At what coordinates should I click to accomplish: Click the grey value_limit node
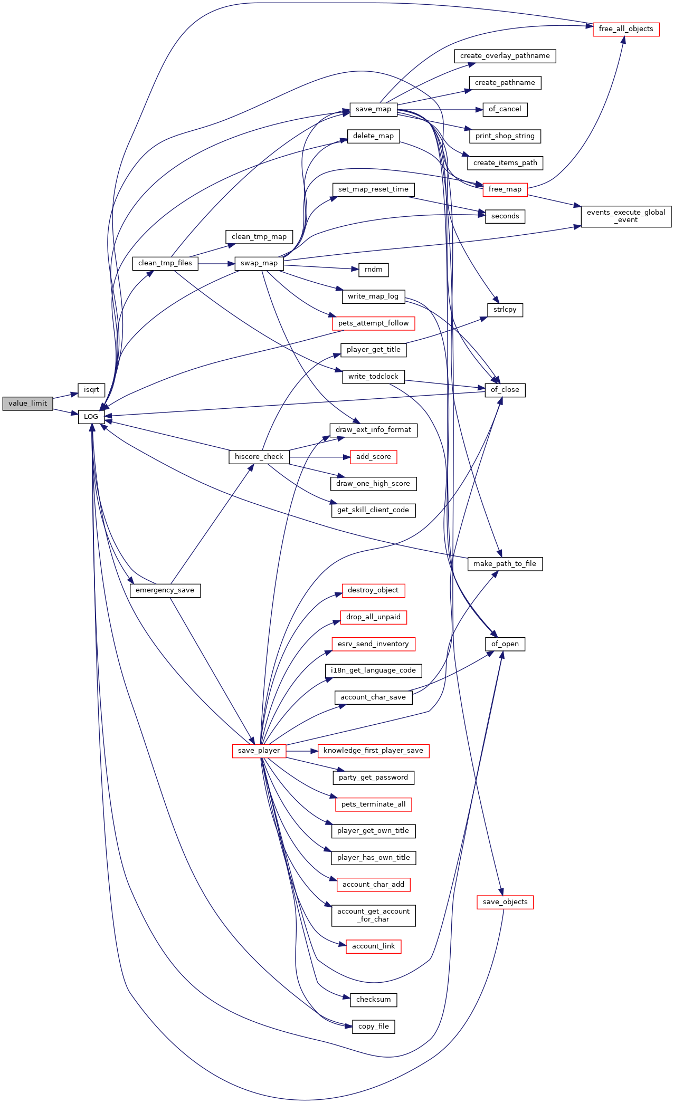click(27, 404)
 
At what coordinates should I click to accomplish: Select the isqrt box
click(91, 390)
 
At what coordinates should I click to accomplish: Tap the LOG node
click(91, 417)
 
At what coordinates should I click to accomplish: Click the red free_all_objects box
click(626, 29)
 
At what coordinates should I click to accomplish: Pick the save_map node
click(373, 109)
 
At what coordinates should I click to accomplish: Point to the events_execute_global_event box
click(626, 216)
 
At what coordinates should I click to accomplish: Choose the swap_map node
click(259, 263)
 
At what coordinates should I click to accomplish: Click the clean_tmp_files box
click(165, 263)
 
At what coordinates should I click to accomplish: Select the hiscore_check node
click(259, 457)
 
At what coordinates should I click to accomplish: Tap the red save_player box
click(259, 751)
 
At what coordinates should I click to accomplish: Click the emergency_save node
click(165, 590)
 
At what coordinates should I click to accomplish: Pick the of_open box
click(505, 644)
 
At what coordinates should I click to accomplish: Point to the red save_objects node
click(505, 902)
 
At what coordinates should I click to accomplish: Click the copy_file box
click(373, 1027)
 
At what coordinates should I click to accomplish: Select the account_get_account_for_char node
click(373, 915)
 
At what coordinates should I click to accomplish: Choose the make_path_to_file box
click(505, 564)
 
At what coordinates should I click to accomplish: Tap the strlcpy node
click(505, 310)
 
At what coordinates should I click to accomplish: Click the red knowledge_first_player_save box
click(373, 751)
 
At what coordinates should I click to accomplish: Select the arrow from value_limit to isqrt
click(65, 396)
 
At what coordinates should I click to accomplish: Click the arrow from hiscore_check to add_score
click(320, 457)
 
